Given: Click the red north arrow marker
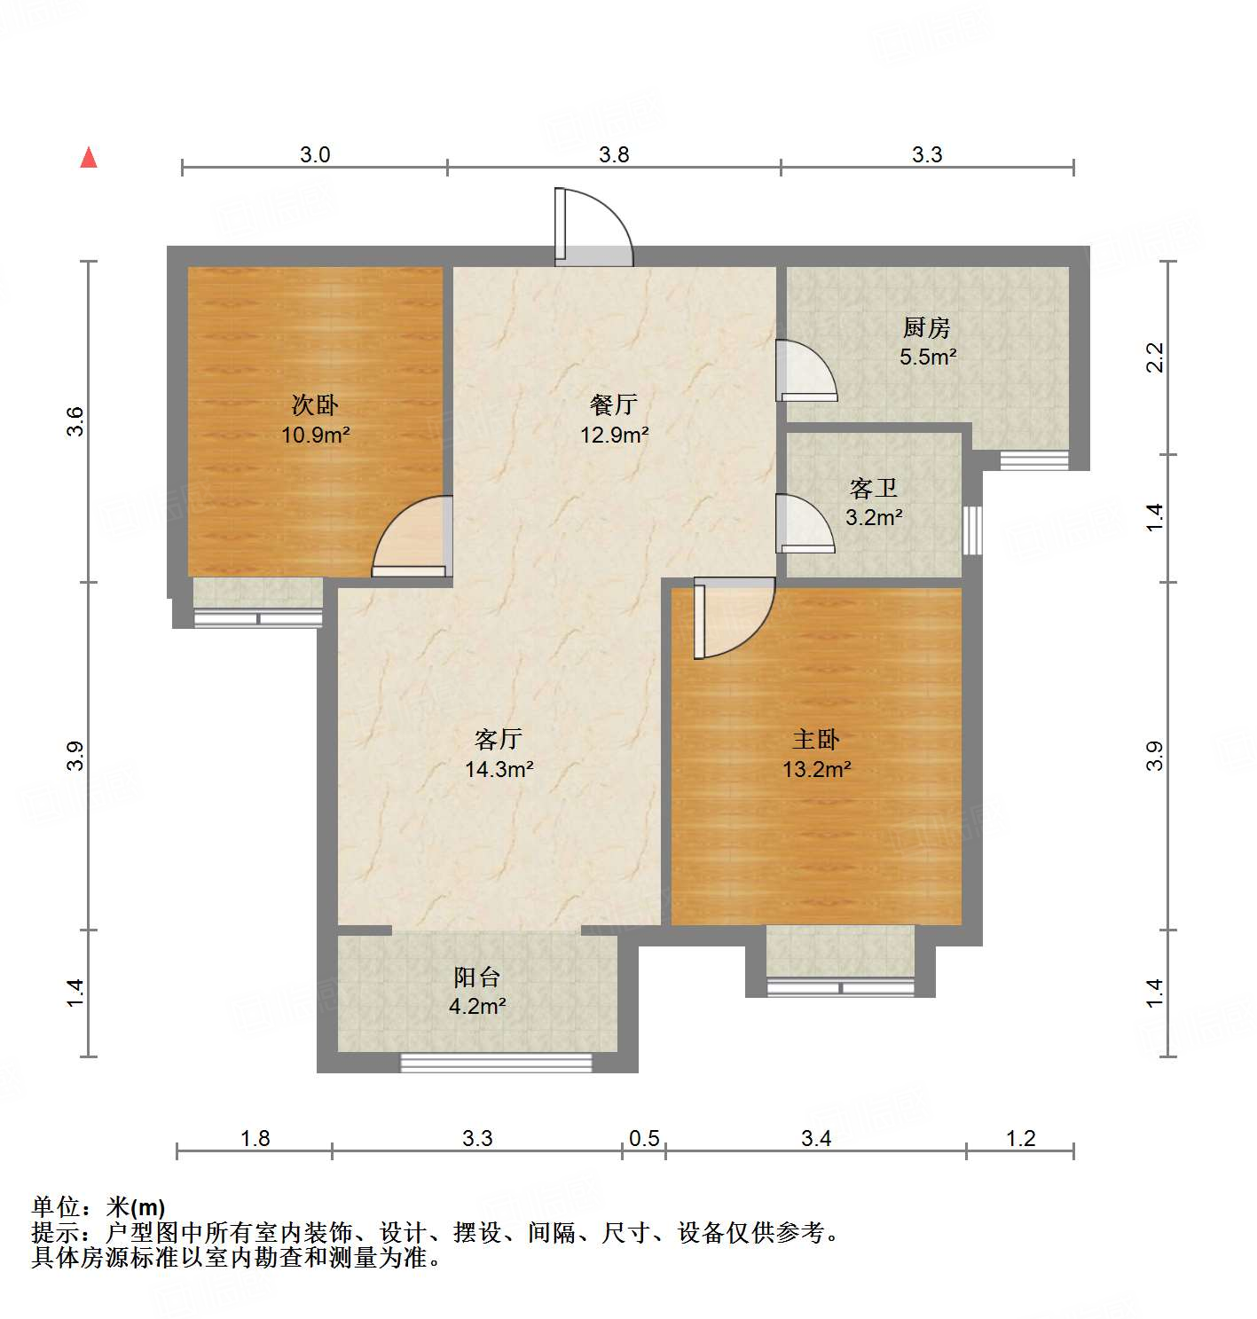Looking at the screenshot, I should [x=89, y=158].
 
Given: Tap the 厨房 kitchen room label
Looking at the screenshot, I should [x=927, y=328].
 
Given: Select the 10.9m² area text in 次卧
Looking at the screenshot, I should [x=315, y=435].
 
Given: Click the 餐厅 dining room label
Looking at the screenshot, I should [x=614, y=405].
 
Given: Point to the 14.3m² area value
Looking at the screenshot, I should [x=499, y=769].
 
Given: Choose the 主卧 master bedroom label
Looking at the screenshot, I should [x=816, y=739].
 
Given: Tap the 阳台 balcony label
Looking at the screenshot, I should [x=477, y=977].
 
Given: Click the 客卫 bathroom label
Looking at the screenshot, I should [x=874, y=488].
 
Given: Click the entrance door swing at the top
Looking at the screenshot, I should [x=593, y=229].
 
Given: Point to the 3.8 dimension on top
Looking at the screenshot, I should [x=614, y=155].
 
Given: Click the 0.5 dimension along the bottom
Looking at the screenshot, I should [x=644, y=1138].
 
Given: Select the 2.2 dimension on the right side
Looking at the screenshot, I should [x=1154, y=357].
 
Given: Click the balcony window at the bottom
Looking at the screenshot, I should [x=496, y=1063].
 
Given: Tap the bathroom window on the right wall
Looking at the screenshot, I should [x=972, y=530].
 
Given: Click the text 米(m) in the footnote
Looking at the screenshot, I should [x=136, y=1207].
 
